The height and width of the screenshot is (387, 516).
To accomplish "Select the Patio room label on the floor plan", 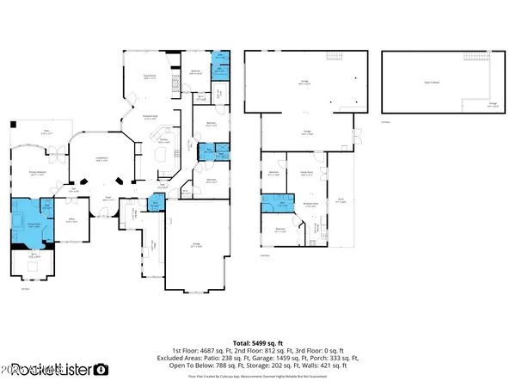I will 47,132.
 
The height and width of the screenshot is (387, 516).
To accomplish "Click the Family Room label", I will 149,77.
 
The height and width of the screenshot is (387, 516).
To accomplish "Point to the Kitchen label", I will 163,140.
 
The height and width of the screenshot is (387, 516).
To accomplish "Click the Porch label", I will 341,201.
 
